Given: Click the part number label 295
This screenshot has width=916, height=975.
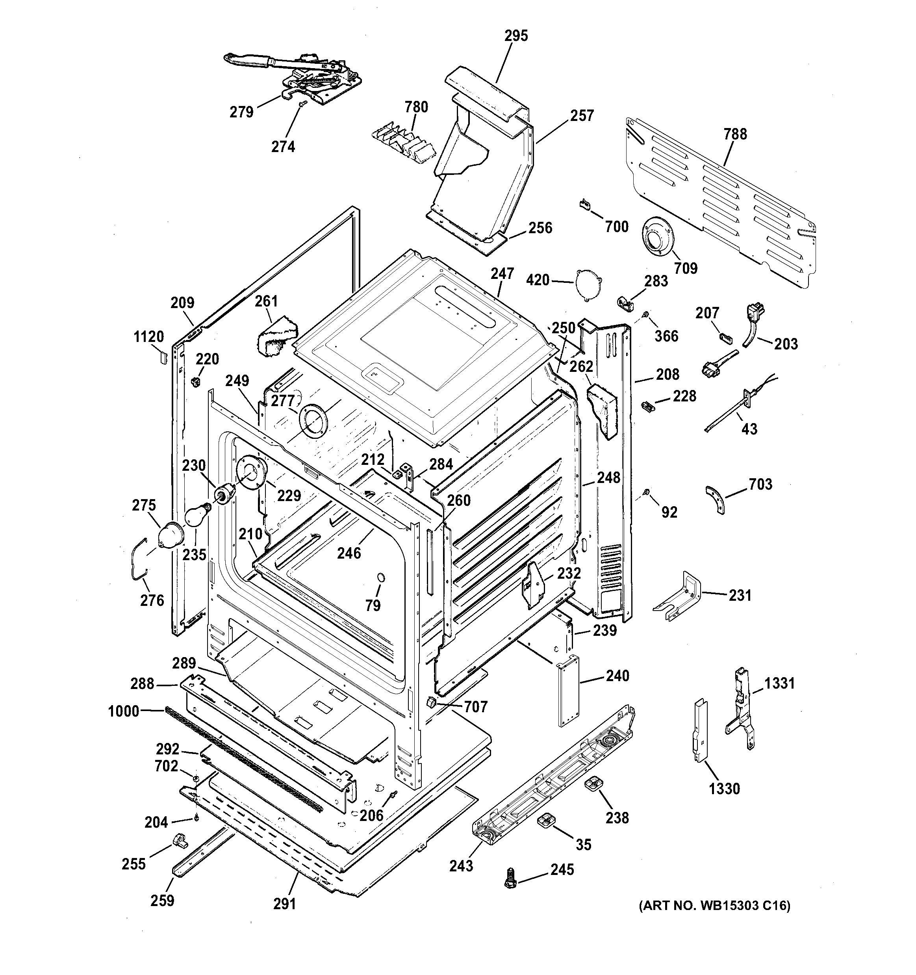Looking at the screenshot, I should [516, 36].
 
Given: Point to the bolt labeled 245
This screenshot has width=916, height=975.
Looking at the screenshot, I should [510, 883].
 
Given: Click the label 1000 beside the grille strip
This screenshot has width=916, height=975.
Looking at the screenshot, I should [124, 711].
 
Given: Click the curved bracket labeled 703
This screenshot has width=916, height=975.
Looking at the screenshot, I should [715, 499].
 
